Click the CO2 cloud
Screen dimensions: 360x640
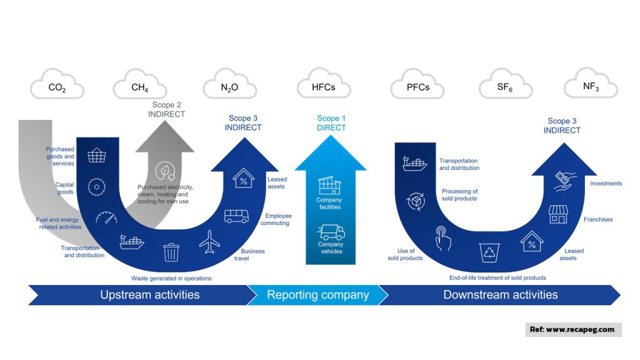57,87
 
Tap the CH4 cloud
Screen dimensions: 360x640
139,87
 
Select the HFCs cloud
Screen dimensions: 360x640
323,87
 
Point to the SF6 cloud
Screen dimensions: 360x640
505,87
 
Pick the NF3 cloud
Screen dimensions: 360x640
591,87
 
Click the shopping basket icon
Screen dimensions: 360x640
96,155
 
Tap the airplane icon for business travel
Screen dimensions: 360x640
209,242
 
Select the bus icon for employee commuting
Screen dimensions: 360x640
236,216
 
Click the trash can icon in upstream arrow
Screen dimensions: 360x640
171,252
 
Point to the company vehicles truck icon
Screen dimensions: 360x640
331,232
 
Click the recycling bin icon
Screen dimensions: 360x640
489,253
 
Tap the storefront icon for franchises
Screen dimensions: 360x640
557,214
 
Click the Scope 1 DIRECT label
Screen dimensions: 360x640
331,122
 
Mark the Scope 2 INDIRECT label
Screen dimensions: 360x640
166,110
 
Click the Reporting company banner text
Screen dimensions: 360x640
317,295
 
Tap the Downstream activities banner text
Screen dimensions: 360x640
500,295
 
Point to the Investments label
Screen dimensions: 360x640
606,184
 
